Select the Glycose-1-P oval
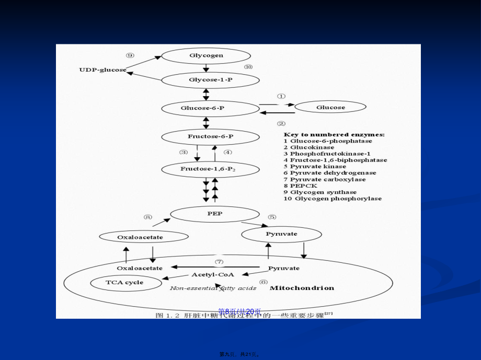pyautogui.click(x=210, y=80)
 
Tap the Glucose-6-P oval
pyautogui.click(x=210, y=108)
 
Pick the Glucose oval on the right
pyautogui.click(x=330, y=108)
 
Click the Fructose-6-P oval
pyautogui.click(x=210, y=137)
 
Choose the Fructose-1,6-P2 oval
pyautogui.click(x=210, y=169)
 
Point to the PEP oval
pyautogui.click(x=214, y=214)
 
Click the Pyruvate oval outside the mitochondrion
pyautogui.click(x=281, y=234)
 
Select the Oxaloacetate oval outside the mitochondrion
pyautogui.click(x=144, y=237)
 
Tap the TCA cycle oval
pyautogui.click(x=124, y=283)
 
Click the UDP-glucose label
pyautogui.click(x=102, y=69)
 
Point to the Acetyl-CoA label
pyautogui.click(x=212, y=274)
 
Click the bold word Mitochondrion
pyautogui.click(x=302, y=288)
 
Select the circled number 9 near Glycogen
pyautogui.click(x=130, y=55)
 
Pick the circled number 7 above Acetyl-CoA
pyautogui.click(x=219, y=261)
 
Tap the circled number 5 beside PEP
pyautogui.click(x=272, y=217)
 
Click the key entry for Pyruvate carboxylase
pyautogui.click(x=325, y=179)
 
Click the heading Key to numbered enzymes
pyautogui.click(x=334, y=134)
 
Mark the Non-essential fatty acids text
pyautogui.click(x=213, y=288)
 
